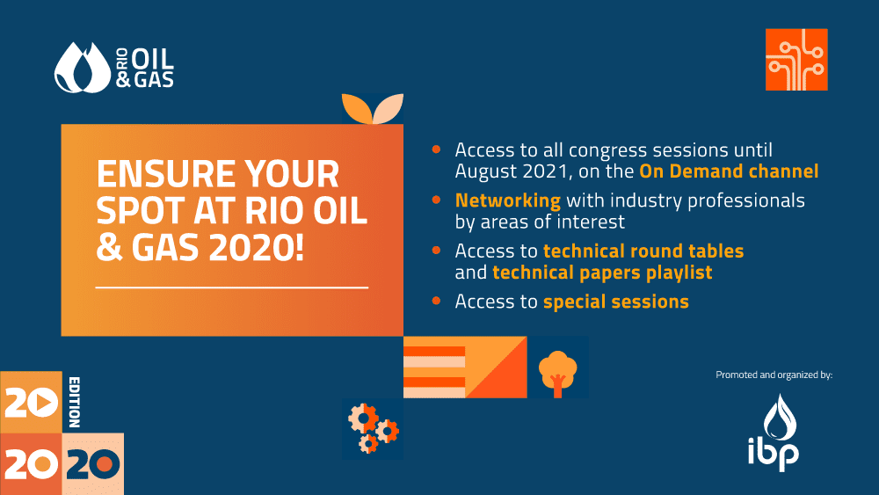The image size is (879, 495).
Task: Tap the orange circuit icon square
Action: (796, 60)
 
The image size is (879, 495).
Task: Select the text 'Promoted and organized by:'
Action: (774, 375)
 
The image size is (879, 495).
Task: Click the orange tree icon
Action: (558, 373)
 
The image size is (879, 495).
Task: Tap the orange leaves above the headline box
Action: (373, 108)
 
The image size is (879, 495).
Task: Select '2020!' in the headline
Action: (256, 247)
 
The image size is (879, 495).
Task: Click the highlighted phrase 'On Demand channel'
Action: (729, 171)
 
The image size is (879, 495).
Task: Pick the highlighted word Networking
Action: (508, 200)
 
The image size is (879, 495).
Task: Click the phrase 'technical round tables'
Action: (643, 251)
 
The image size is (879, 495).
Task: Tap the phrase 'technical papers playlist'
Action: (602, 273)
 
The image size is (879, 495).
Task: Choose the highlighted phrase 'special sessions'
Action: (616, 302)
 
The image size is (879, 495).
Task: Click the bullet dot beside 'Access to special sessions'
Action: (436, 301)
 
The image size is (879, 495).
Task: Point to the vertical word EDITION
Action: (75, 403)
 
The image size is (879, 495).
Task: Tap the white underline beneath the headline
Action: (232, 288)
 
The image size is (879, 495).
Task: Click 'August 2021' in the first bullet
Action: (513, 171)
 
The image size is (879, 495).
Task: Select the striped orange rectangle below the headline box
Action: (434, 368)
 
